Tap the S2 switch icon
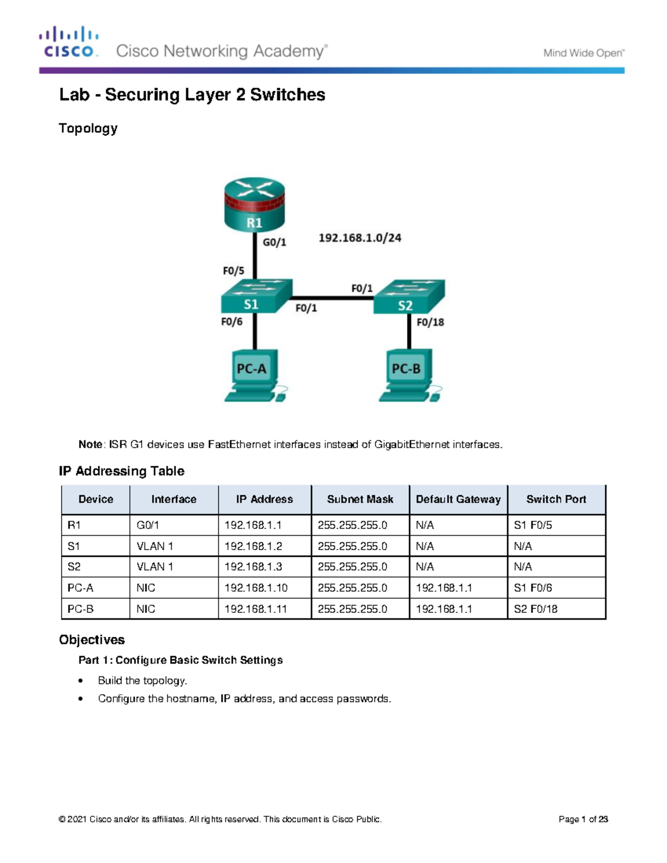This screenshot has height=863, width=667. [x=409, y=297]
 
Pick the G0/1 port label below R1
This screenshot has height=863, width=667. [x=275, y=242]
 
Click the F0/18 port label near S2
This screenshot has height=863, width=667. [x=430, y=322]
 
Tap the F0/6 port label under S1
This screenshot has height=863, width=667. [x=232, y=322]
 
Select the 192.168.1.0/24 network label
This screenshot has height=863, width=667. [x=360, y=238]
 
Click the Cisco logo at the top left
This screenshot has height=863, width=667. [x=69, y=42]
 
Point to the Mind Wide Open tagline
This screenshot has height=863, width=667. [x=584, y=53]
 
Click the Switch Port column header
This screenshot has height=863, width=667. [x=556, y=500]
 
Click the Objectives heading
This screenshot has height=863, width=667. [x=92, y=640]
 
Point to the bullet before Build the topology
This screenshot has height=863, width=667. [x=81, y=681]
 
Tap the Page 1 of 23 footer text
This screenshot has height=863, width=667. [x=583, y=819]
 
